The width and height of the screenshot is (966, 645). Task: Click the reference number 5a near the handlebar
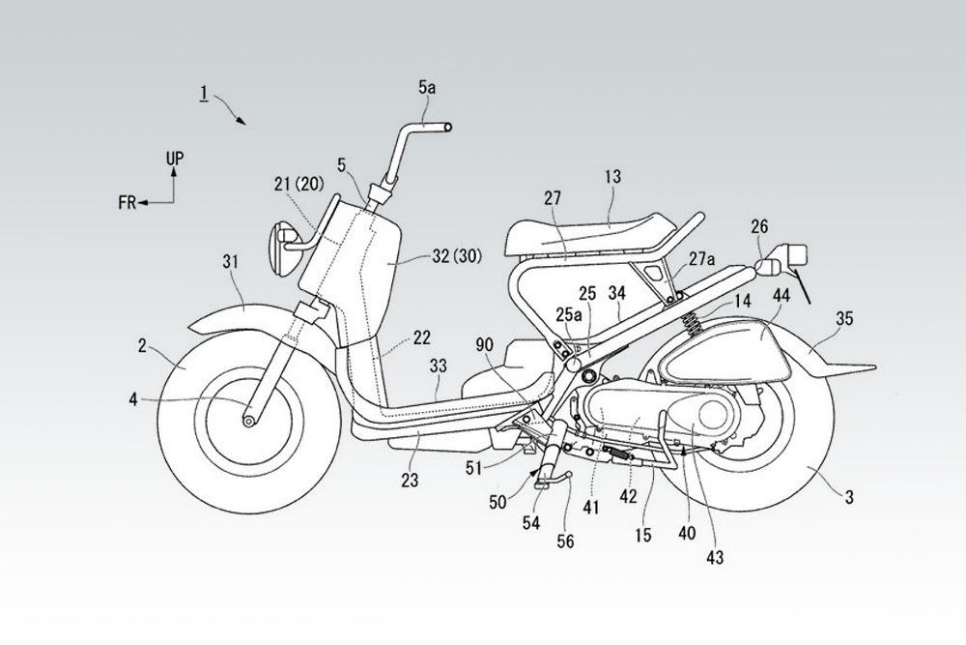(x=427, y=89)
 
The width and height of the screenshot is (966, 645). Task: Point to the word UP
(x=174, y=157)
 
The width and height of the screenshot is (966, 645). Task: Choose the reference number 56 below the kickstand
(x=566, y=542)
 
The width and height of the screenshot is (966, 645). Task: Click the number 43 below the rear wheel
(x=716, y=556)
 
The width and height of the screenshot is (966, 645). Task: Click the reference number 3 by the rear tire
(x=848, y=498)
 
